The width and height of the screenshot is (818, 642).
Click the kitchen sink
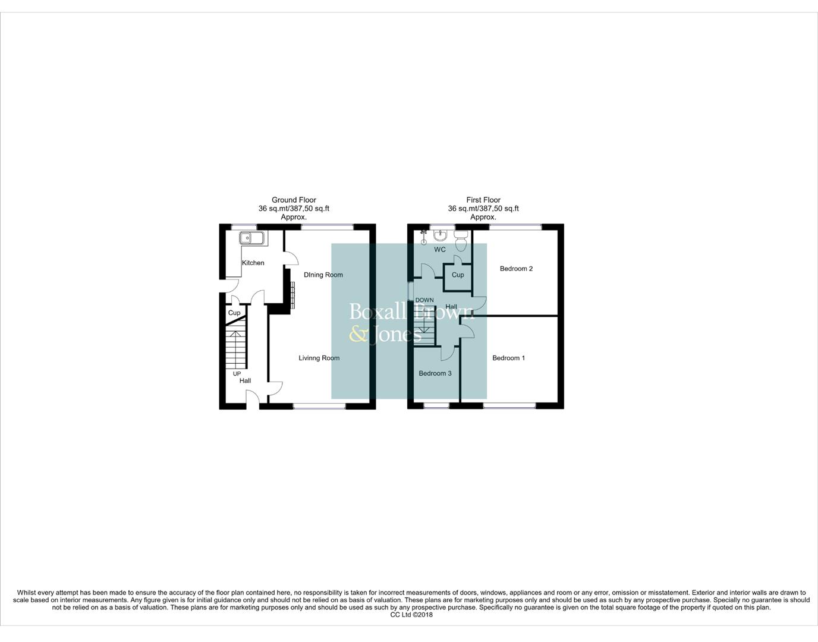tap(253, 239)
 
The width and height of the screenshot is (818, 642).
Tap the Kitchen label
tap(253, 263)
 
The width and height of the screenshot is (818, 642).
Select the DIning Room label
tap(323, 275)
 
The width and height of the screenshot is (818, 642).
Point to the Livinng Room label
tap(319, 358)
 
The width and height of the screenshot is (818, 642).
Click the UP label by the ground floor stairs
tap(237, 374)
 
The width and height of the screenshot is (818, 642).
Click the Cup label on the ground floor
tap(234, 313)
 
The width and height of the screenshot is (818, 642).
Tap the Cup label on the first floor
tap(458, 275)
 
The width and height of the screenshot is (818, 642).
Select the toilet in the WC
tap(461, 240)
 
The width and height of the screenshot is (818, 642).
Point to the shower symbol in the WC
tap(424, 237)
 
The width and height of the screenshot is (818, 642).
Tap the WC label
tap(439, 250)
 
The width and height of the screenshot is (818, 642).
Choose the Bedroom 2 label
tap(516, 269)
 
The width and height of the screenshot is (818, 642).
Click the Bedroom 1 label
tap(508, 358)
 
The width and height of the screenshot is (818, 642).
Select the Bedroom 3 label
tap(435, 373)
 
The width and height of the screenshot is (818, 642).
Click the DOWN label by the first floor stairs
tap(424, 300)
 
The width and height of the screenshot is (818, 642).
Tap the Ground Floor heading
tap(294, 200)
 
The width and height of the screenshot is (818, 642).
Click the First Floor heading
tap(483, 200)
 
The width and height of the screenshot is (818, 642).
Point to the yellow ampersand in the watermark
tap(358, 334)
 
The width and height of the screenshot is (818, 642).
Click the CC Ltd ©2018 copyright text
tap(411, 615)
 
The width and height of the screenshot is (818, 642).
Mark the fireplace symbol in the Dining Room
tap(292, 294)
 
